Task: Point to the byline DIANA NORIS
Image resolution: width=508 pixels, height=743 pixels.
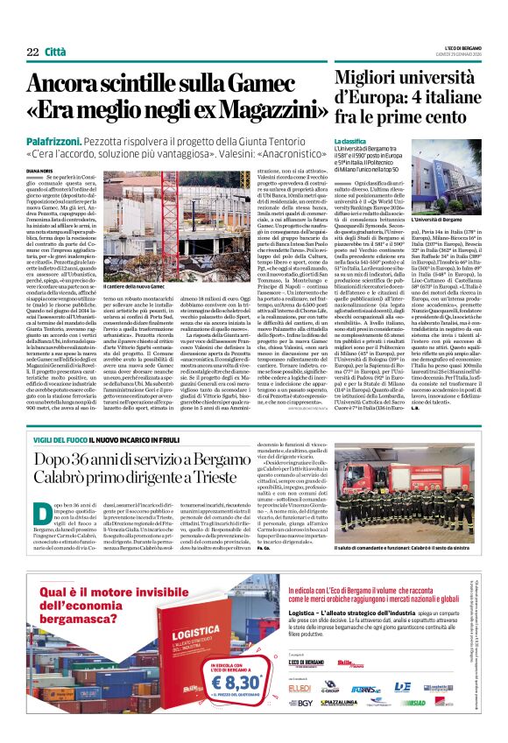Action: coord(39,171)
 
